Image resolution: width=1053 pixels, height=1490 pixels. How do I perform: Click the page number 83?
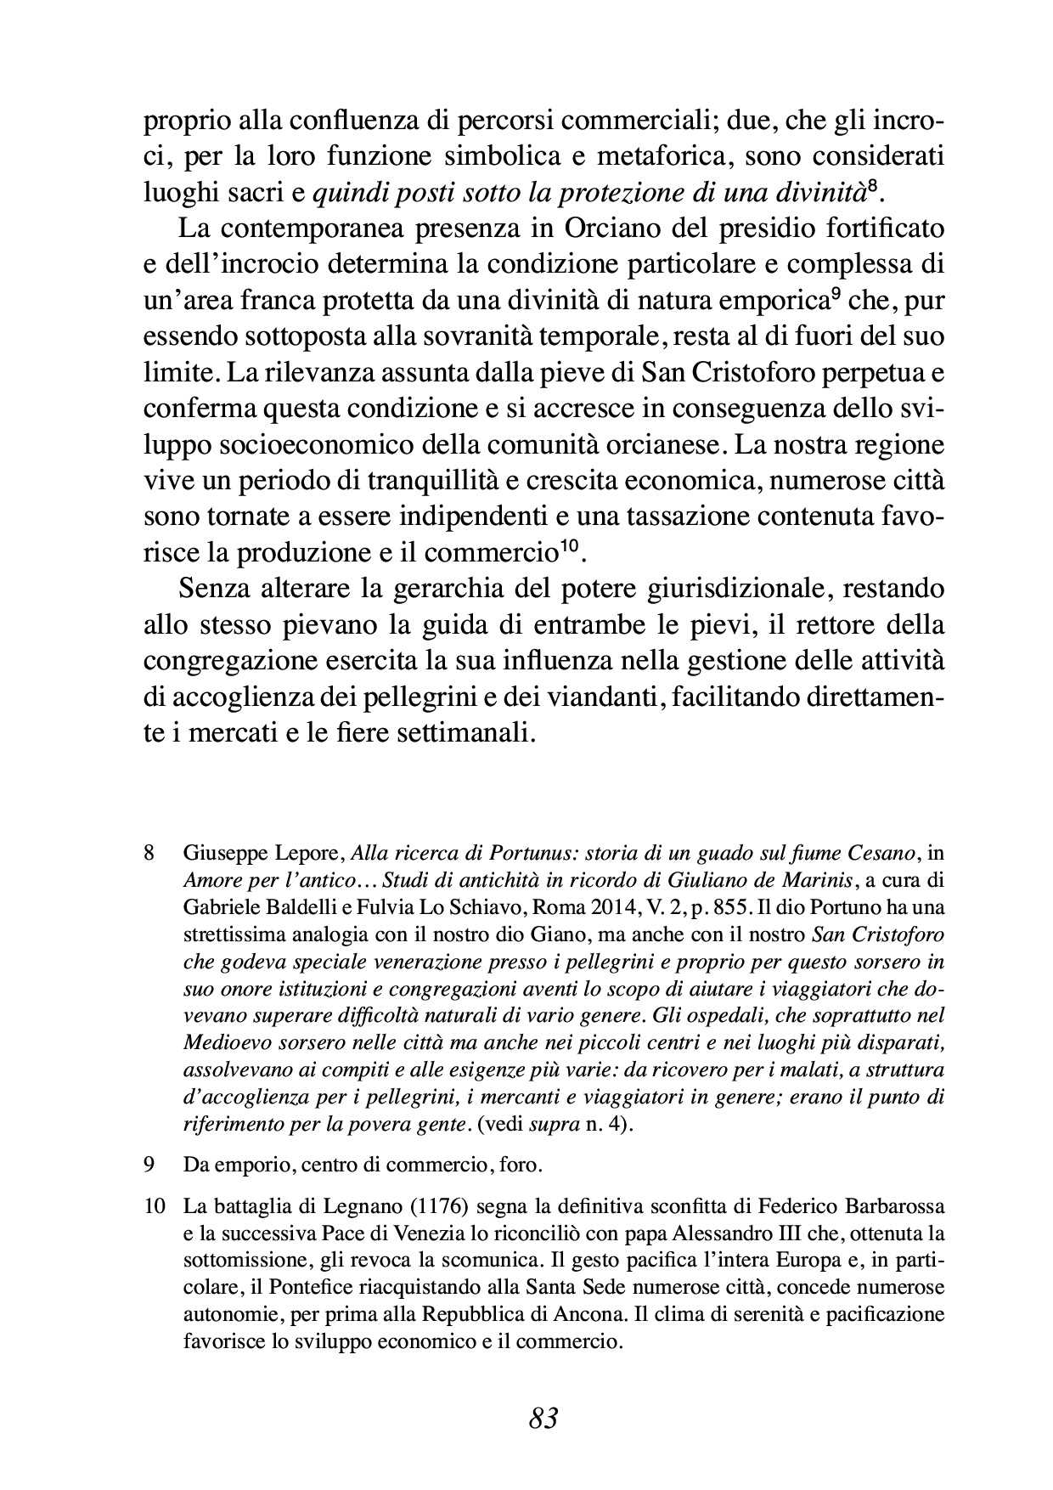tap(543, 1418)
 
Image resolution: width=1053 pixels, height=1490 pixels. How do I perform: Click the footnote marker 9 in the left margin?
tap(149, 1165)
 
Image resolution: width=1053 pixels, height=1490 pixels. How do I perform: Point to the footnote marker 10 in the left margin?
tap(152, 1206)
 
